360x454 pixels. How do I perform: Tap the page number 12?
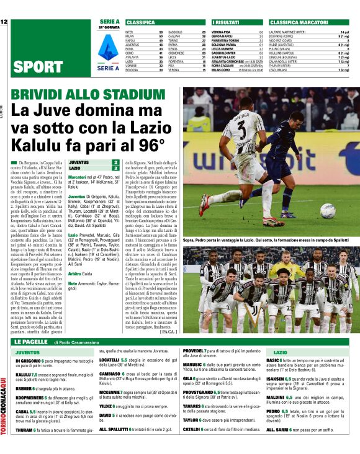pyautogui.click(x=4, y=23)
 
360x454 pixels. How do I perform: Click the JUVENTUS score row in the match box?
pyautogui.click(x=93, y=162)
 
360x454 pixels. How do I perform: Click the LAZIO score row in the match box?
pyautogui.click(x=93, y=168)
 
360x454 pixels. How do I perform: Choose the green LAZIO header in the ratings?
pyautogui.click(x=281, y=352)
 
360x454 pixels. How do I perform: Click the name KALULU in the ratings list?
pyautogui.click(x=24, y=375)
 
